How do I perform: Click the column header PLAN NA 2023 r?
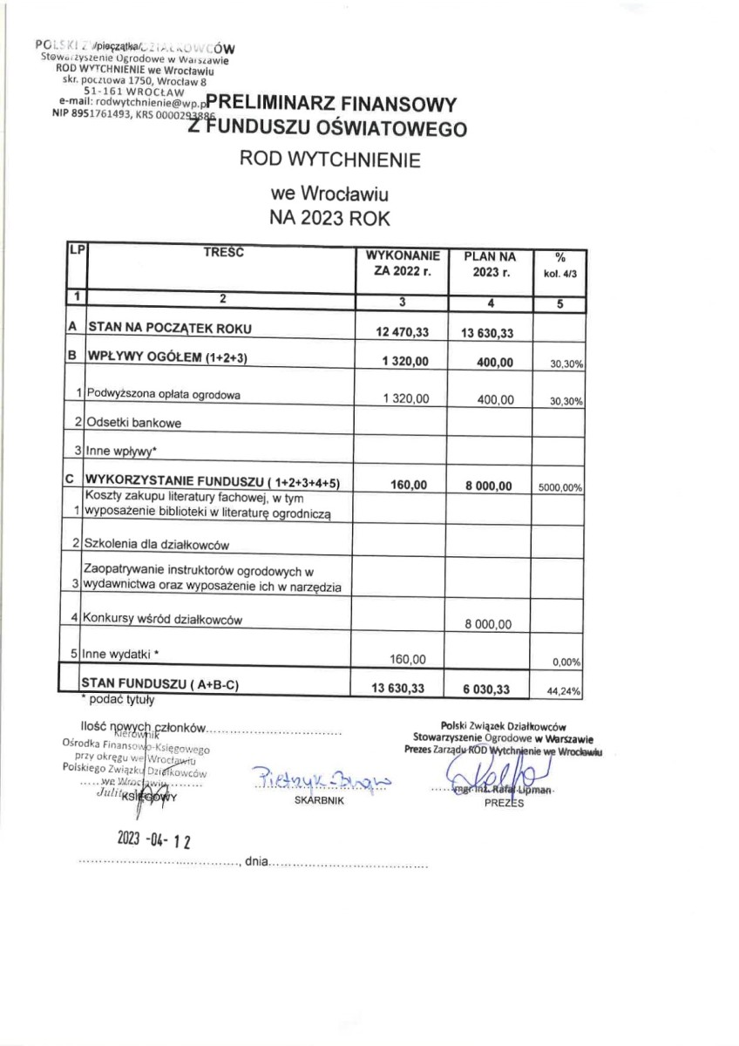pyautogui.click(x=489, y=264)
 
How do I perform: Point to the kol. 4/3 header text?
pyautogui.click(x=560, y=272)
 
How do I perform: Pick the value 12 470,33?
pyautogui.click(x=402, y=332)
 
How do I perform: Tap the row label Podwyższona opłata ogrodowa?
pyautogui.click(x=162, y=394)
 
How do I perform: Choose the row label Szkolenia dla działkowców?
pyautogui.click(x=156, y=545)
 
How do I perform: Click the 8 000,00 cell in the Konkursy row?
pyautogui.click(x=489, y=624)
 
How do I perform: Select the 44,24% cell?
pyautogui.click(x=565, y=690)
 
